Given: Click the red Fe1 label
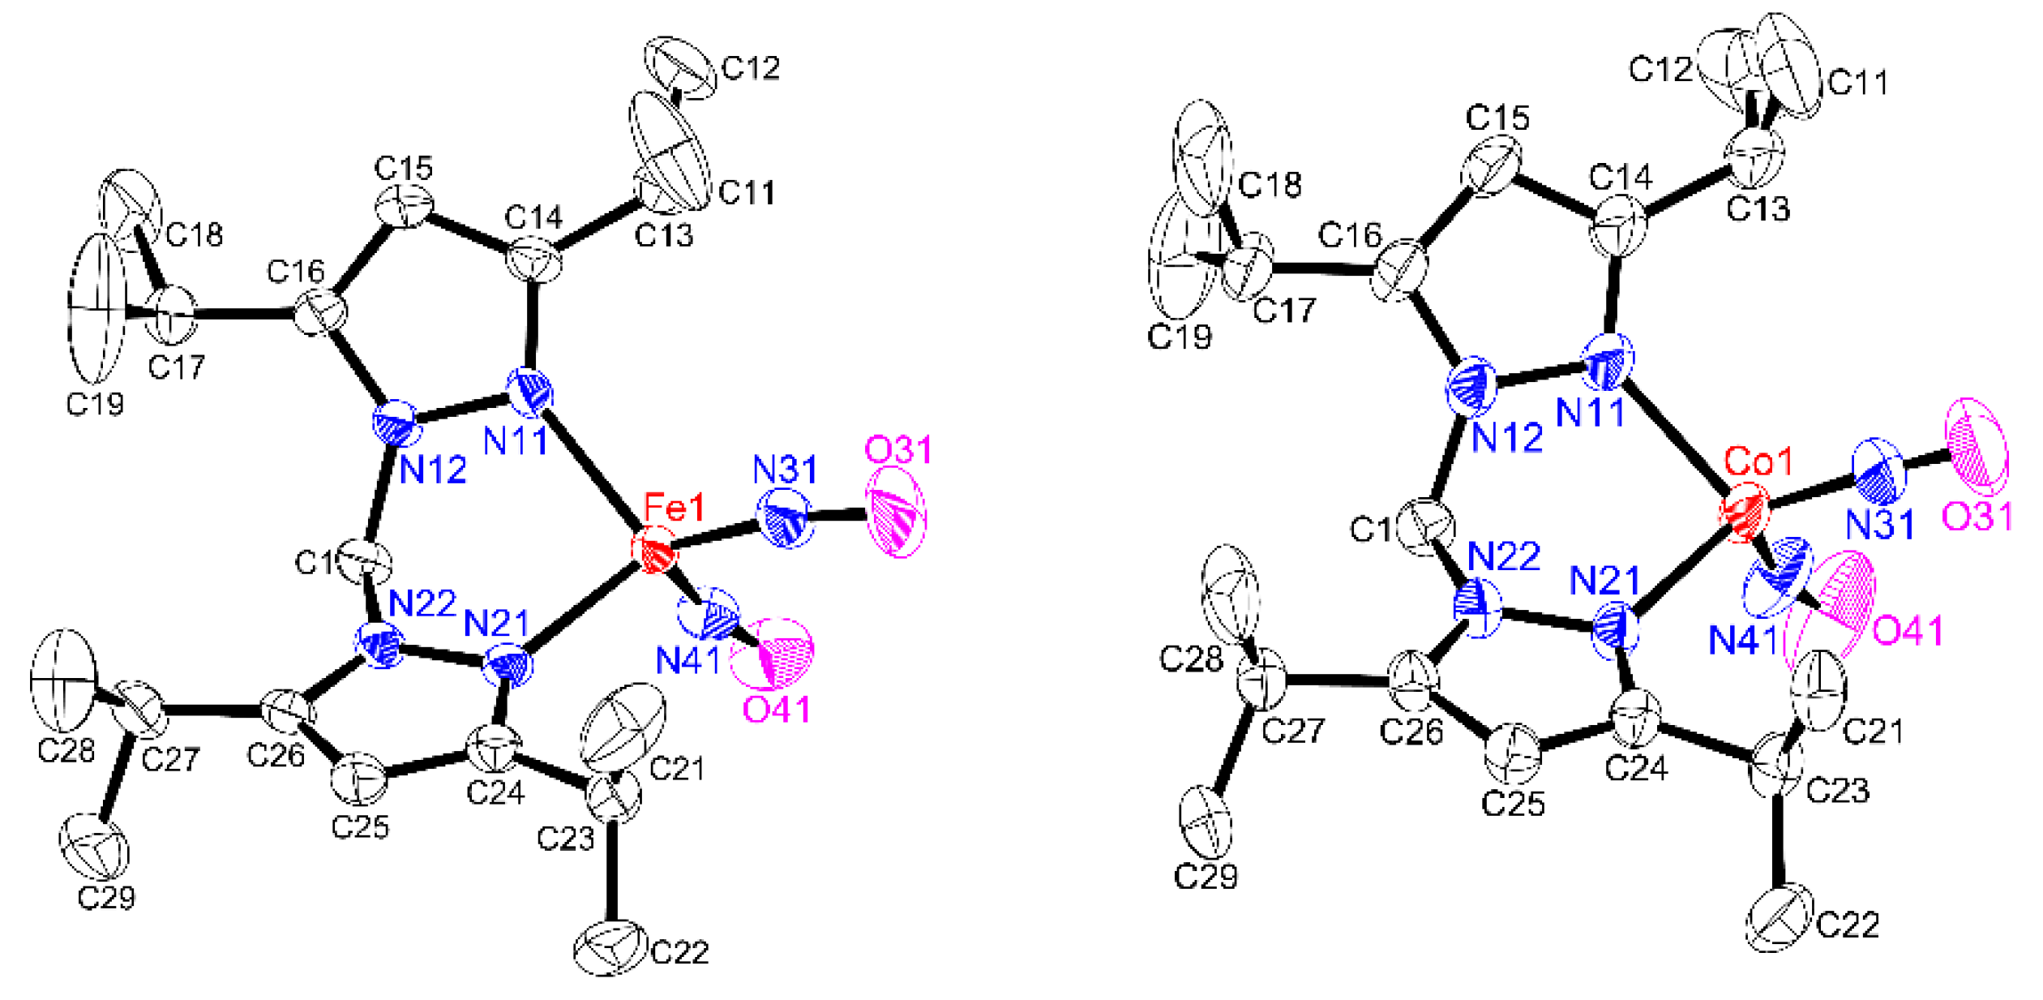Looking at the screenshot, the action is (675, 509).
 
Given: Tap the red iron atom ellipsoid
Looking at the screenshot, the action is (653, 552).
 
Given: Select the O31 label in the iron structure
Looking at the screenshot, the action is (898, 449).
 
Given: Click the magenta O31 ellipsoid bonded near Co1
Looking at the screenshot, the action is (1977, 447).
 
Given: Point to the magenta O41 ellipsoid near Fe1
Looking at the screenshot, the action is (773, 652).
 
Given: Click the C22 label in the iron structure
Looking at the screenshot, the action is (679, 951).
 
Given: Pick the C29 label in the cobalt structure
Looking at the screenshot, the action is (1206, 876).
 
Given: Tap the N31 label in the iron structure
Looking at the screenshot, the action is (785, 470).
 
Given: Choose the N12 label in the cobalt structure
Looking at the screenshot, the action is (1506, 439).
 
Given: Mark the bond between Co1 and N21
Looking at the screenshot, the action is (1681, 573).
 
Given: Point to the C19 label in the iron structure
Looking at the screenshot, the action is (95, 403).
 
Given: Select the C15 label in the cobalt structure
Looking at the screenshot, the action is (1497, 118).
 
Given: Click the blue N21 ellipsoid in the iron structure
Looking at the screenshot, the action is (508, 667).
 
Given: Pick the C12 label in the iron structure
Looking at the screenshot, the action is (751, 68).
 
